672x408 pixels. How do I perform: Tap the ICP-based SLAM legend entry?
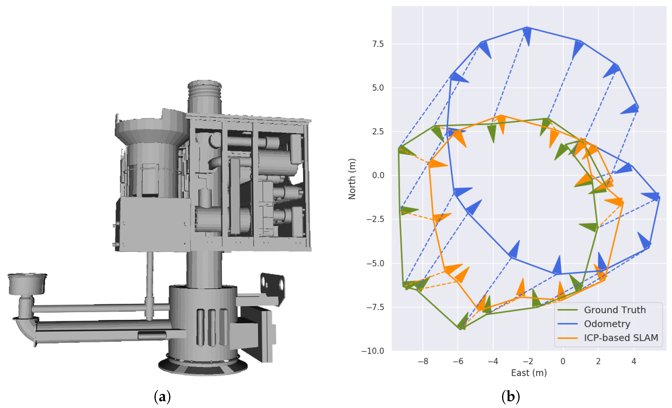(608, 338)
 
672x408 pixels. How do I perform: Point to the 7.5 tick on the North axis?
(378, 44)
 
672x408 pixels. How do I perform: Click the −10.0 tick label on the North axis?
(373, 351)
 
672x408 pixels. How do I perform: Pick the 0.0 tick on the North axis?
(378, 175)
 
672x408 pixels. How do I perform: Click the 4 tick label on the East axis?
(634, 362)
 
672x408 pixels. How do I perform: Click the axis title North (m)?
(352, 179)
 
